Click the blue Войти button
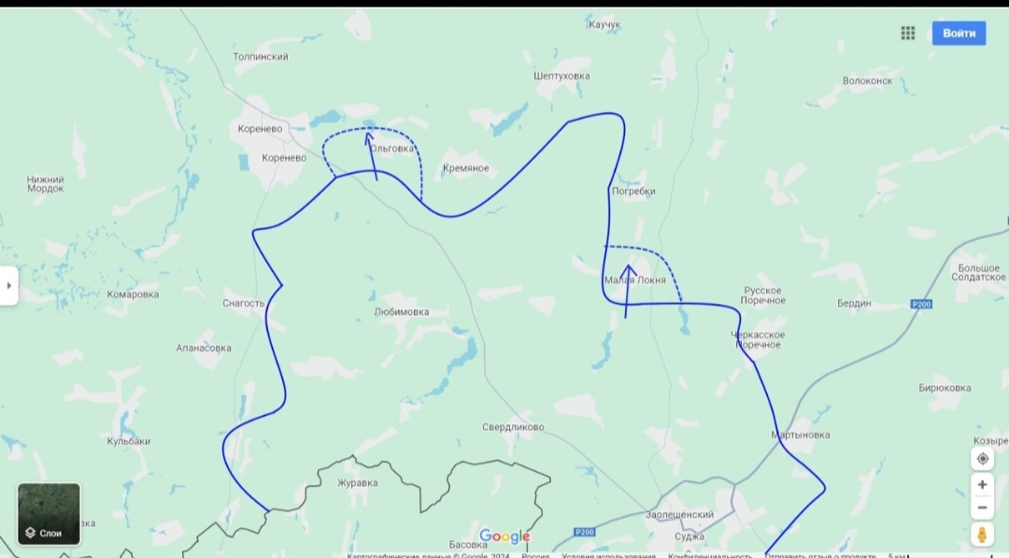coord(959,33)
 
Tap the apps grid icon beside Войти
coord(907,33)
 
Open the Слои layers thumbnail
coord(50,513)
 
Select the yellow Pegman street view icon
coord(982,534)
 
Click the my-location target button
coord(982,459)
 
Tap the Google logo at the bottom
coord(504,537)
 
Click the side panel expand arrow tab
coord(8,286)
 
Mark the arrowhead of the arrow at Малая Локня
coord(630,270)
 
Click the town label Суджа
coord(689,537)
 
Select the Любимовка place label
coord(402,312)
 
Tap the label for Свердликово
coord(513,427)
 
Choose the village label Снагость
coord(244,303)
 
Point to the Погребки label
coord(632,191)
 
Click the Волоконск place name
coord(867,80)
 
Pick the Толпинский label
coord(261,57)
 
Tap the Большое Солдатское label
coord(979,273)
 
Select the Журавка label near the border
coord(358,483)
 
